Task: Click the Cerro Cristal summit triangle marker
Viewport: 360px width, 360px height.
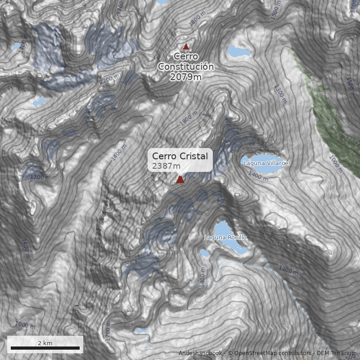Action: (180, 180)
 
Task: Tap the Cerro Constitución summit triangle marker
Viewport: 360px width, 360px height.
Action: (186, 46)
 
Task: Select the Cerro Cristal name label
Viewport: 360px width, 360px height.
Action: (180, 156)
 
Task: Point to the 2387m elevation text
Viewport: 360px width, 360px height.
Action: (166, 166)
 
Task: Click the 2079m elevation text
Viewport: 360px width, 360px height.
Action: (185, 77)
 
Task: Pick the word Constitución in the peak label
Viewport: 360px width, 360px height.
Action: (185, 67)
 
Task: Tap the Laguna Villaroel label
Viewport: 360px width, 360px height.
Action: (266, 163)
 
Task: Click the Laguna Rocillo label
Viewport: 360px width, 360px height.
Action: (225, 238)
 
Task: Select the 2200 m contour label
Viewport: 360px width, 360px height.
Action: (110, 80)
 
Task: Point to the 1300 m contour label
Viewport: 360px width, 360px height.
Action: (280, 94)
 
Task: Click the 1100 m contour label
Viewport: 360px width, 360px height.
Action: (288, 270)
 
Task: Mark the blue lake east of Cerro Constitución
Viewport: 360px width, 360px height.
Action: (238, 51)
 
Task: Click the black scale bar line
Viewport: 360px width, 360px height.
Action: (45, 348)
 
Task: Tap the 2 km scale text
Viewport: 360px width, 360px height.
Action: (45, 343)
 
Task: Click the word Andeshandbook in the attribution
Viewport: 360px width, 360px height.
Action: (200, 353)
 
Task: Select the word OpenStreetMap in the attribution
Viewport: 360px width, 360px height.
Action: (252, 353)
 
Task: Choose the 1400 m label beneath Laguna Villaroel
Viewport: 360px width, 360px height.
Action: (258, 176)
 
